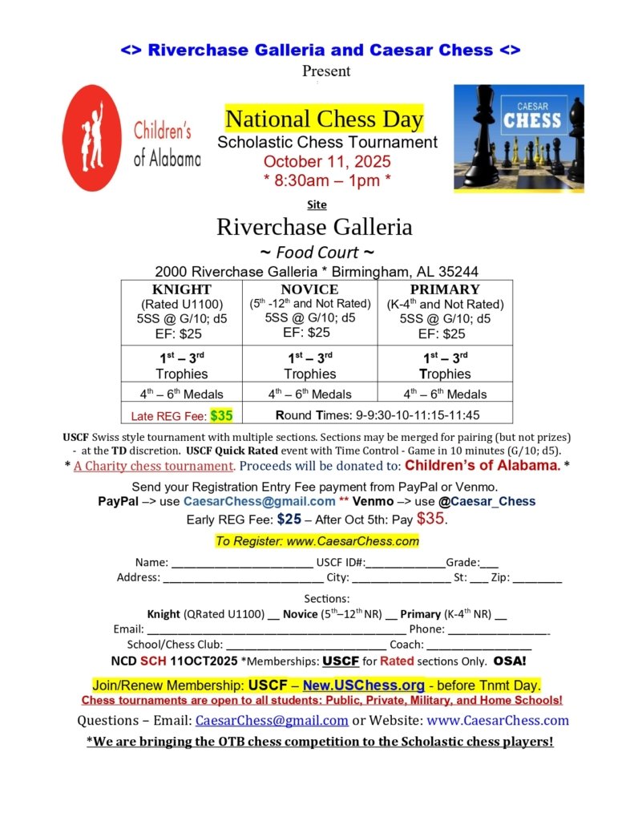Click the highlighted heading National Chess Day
tap(324, 119)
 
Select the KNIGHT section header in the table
tap(182, 289)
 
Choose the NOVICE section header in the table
tap(309, 289)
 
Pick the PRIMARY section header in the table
tap(445, 289)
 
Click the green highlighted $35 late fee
tap(221, 415)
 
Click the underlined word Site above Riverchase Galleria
tap(317, 204)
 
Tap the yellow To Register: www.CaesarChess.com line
tap(317, 541)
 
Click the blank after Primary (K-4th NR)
tap(501, 615)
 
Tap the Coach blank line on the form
tap(479, 645)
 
